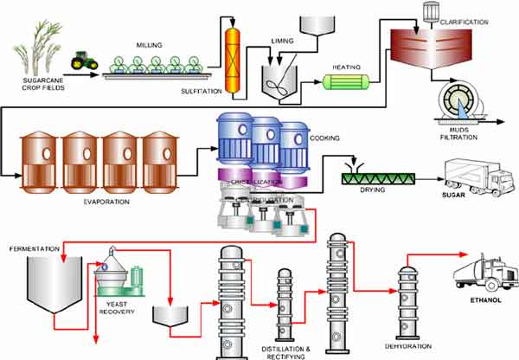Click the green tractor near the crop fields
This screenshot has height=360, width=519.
(x=84, y=60)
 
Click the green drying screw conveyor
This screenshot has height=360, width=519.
(x=379, y=179)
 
